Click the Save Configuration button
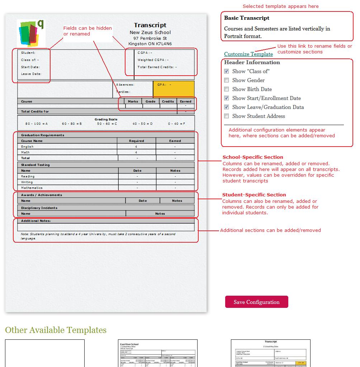coord(256,302)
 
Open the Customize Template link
coord(248,54)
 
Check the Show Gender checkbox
coord(226,80)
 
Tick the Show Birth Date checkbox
coord(226,89)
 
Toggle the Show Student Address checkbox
coord(226,116)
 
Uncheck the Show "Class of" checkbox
coord(226,71)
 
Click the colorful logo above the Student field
coord(31,33)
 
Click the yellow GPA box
coord(174,89)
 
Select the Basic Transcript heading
coord(247,18)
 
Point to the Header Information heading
coord(252,62)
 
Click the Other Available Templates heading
coord(56,330)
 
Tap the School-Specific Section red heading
coord(253,157)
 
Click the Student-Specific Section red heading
coord(254,195)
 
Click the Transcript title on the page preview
coord(150,25)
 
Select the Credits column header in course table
coord(168,101)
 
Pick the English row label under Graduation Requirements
coord(27,147)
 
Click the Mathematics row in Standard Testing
coord(32,188)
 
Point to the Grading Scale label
coord(106,119)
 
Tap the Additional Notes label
coord(36,221)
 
